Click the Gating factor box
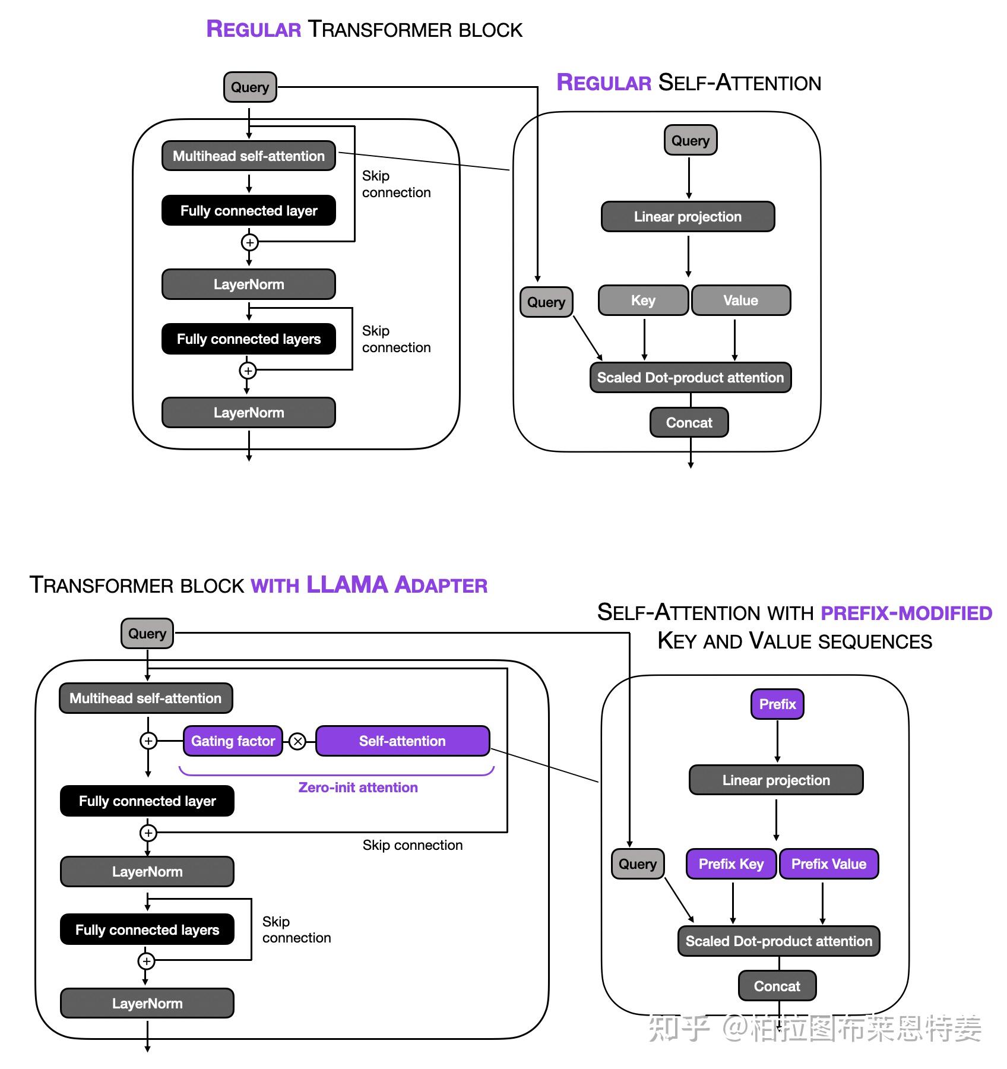(233, 741)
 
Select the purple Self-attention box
(402, 741)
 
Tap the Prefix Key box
(731, 864)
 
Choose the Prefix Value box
(828, 864)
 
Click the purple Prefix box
(777, 704)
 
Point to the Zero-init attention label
(357, 787)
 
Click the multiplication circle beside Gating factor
(298, 741)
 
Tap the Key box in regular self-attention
(643, 300)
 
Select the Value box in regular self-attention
(740, 300)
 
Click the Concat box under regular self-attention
(689, 422)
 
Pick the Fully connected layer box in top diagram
(248, 210)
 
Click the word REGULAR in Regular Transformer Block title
(254, 29)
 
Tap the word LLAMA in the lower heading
(347, 584)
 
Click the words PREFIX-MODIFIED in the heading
(906, 612)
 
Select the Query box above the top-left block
(250, 87)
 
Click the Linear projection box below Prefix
(775, 780)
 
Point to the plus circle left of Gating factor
(148, 741)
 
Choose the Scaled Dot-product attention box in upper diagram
(690, 377)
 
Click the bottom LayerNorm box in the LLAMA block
(147, 1003)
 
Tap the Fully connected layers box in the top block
(248, 339)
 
